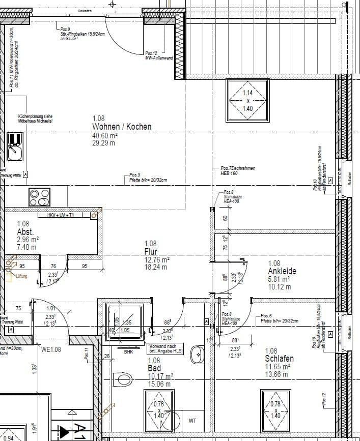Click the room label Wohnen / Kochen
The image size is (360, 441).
tap(121, 127)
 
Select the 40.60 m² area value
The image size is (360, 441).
tap(105, 136)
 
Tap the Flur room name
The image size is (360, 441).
tap(151, 252)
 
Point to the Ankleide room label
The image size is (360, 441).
tap(282, 271)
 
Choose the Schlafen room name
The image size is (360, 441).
tap(279, 359)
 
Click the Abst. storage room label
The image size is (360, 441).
tap(25, 231)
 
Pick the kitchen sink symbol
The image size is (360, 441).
tap(14, 146)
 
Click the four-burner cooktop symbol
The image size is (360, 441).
tap(40, 197)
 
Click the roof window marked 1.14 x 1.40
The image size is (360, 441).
tap(247, 100)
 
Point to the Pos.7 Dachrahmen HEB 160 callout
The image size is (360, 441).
tap(238, 171)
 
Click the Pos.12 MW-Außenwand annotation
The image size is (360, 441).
tap(159, 55)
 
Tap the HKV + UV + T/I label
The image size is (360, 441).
tap(61, 216)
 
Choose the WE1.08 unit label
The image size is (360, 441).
tap(51, 349)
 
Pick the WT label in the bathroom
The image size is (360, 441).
tap(192, 420)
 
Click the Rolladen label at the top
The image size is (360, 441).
tap(85, 10)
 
